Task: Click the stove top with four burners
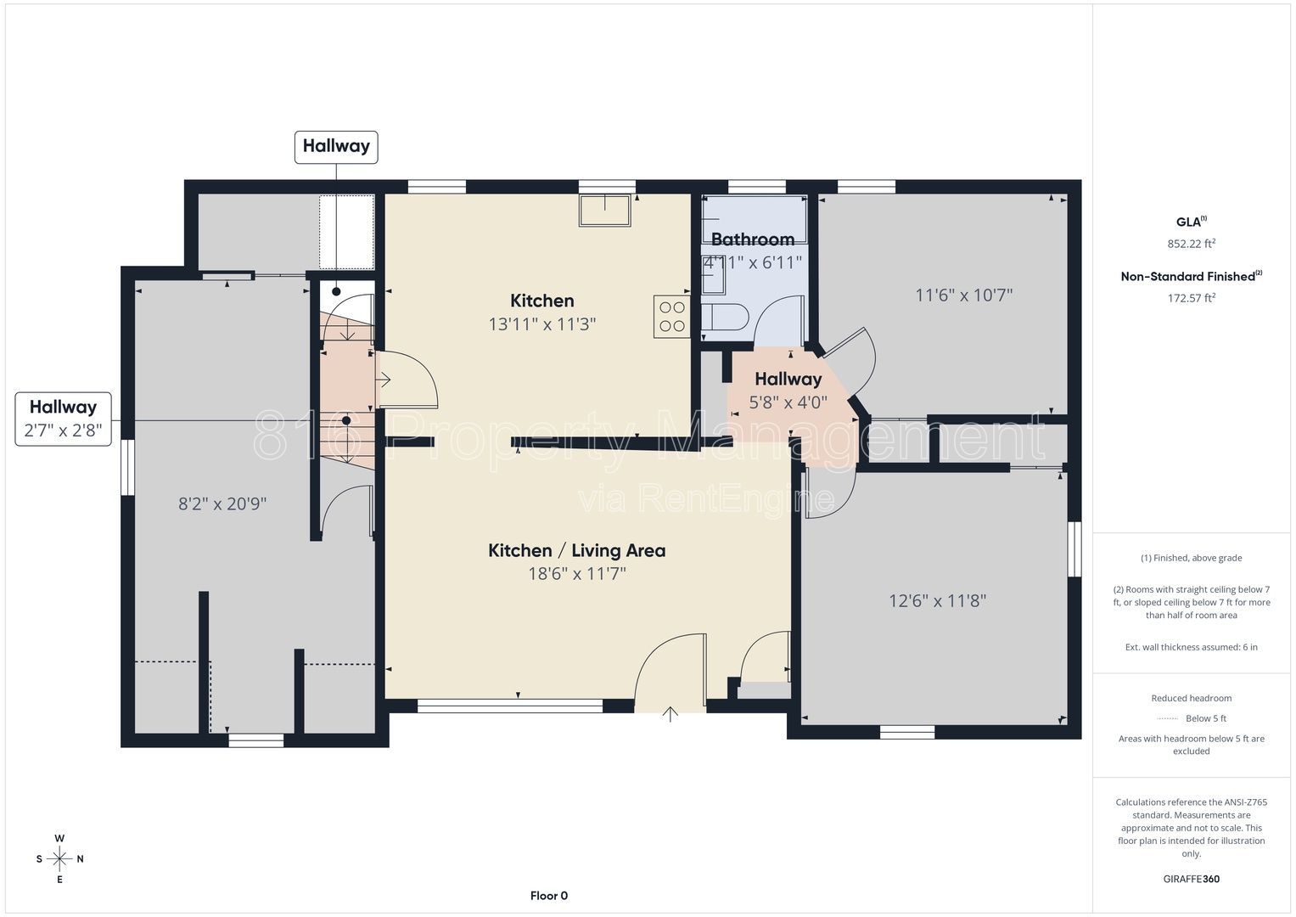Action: [671, 316]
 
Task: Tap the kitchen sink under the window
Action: [605, 211]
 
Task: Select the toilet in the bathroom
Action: [726, 318]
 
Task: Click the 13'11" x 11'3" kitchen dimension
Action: [542, 324]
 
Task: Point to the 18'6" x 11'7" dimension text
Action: [577, 574]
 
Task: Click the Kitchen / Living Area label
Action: [577, 550]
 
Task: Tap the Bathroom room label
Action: [753, 239]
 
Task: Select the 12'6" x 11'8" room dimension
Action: [937, 601]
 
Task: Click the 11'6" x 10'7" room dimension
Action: [964, 295]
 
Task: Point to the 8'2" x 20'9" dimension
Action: [222, 504]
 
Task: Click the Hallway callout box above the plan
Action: [336, 147]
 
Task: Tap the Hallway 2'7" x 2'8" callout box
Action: [63, 419]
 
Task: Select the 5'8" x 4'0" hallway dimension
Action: [788, 402]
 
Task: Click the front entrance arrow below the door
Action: [670, 714]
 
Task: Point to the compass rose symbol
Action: [59, 858]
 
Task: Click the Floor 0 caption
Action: [549, 896]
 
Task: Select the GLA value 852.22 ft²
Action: [1192, 244]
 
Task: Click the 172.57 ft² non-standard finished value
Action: [1192, 298]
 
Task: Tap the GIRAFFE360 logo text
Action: [1192, 879]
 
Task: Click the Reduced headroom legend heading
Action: [1192, 698]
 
